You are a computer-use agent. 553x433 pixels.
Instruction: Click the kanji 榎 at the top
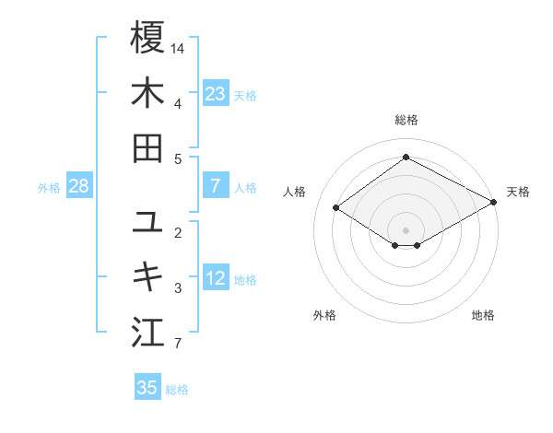[x=147, y=39]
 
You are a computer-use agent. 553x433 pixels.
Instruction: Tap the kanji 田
[x=147, y=148]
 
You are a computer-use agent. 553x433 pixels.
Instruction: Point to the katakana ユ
[x=147, y=222]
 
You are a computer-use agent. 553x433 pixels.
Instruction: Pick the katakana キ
[x=147, y=277]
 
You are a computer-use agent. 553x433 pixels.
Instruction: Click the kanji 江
[x=147, y=333]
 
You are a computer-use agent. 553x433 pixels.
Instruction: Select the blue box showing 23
[x=216, y=93]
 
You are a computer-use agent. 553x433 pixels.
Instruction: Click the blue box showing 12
[x=216, y=278]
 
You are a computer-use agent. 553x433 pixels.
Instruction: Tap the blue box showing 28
[x=79, y=186]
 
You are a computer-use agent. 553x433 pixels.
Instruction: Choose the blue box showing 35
[x=147, y=388]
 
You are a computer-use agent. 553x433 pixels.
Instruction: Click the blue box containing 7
[x=216, y=186]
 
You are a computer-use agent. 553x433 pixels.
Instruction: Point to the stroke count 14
[x=179, y=47]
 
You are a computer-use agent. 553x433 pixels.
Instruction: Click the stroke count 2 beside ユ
[x=178, y=231]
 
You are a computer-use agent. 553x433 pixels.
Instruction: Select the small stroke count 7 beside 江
[x=178, y=344]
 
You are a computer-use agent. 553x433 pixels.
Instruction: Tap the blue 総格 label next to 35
[x=177, y=390]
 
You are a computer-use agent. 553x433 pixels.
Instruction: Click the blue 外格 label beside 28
[x=49, y=188]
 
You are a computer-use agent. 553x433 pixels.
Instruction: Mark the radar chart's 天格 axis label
[x=518, y=192]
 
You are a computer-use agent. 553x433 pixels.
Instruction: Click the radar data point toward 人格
[x=336, y=208]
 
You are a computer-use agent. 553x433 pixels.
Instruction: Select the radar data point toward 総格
[x=406, y=157]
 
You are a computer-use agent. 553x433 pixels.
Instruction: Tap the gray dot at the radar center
[x=406, y=229]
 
